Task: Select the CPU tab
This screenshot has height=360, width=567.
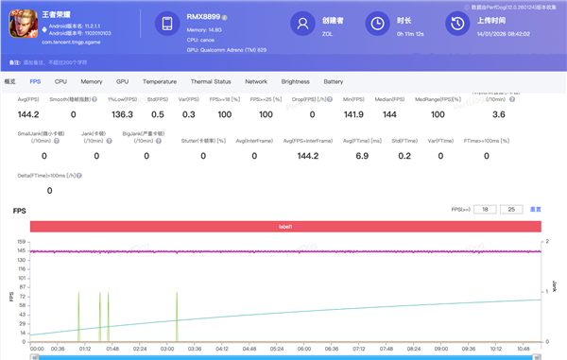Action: pos(60,82)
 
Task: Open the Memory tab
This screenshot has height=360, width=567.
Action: pos(92,82)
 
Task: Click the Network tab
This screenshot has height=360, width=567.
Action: pos(256,82)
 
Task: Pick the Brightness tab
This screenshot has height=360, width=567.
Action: pos(295,82)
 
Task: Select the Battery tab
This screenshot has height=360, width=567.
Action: pos(333,82)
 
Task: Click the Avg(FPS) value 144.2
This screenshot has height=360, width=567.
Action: pos(29,113)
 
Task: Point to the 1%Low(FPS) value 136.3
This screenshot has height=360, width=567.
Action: pos(122,113)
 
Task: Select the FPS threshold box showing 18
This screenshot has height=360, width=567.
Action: pos(486,208)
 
